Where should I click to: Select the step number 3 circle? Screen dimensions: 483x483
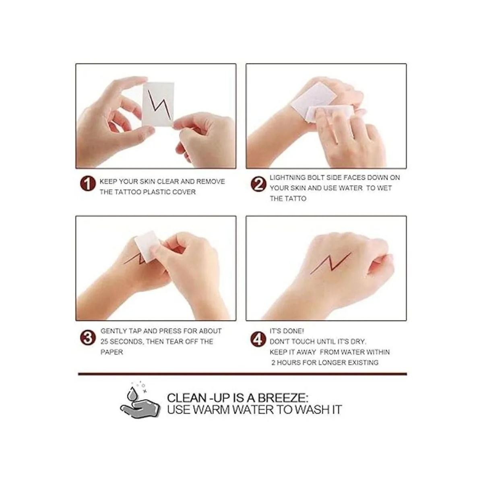(x=87, y=338)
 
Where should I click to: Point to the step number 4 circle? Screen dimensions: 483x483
(x=258, y=339)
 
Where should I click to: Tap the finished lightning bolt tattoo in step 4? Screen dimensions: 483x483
(x=330, y=263)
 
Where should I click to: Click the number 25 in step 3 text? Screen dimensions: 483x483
(x=104, y=342)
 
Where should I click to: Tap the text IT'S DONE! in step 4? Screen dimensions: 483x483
(x=287, y=331)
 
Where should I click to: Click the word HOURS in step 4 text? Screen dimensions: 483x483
(x=288, y=363)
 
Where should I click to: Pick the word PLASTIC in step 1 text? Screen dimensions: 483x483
(x=158, y=192)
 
